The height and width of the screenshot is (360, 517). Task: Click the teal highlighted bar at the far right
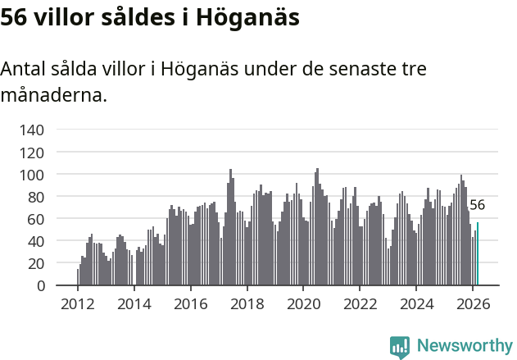(478, 255)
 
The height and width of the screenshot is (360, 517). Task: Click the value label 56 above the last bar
(477, 206)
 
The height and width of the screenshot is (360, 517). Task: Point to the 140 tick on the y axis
(34, 130)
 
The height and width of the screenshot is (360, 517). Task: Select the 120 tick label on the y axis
(34, 153)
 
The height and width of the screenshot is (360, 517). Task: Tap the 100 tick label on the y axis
(34, 175)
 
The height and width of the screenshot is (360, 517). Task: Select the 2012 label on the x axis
(78, 304)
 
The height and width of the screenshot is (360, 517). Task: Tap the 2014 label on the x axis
(134, 304)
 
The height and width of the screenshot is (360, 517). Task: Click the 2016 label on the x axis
(191, 304)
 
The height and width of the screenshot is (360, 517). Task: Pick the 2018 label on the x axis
(247, 304)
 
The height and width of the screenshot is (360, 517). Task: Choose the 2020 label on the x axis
(303, 304)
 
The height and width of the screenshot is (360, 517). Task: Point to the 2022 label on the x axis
(360, 304)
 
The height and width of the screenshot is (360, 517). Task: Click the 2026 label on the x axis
(473, 304)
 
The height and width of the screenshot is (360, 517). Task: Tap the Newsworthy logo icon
(400, 347)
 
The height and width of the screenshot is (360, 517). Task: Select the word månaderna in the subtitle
(53, 95)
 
